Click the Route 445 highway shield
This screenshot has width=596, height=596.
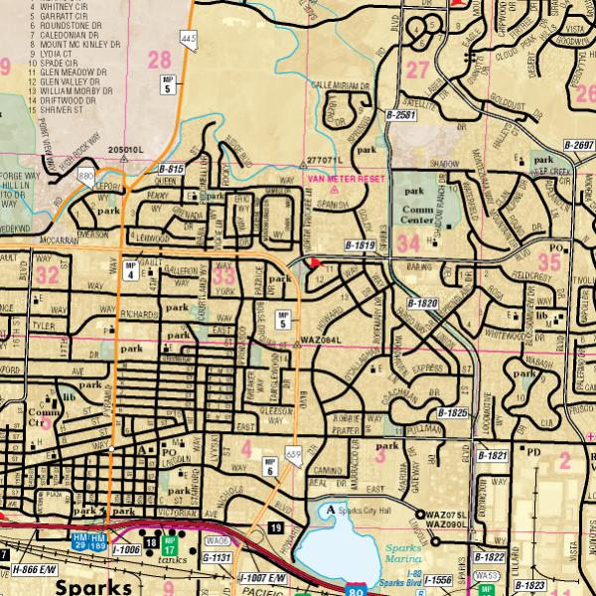coord(189,40)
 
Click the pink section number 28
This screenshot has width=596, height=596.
coord(159,61)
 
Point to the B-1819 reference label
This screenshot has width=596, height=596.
coord(361,244)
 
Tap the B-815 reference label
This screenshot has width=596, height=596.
coord(171,170)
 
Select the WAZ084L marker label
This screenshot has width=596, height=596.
coord(321,341)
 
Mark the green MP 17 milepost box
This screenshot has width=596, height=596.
coord(169,545)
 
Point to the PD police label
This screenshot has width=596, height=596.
coord(532,451)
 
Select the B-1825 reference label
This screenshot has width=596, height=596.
coord(451,411)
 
